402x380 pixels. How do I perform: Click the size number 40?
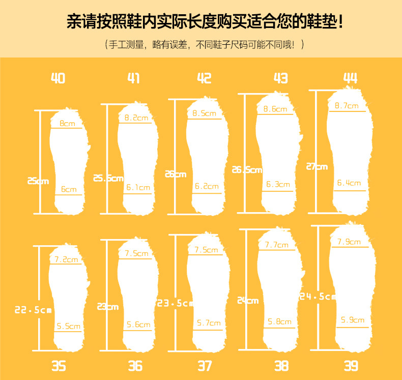(58, 78)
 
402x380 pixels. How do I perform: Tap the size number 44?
(350, 78)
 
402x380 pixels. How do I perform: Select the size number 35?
(59, 365)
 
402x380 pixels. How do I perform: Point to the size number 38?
(281, 365)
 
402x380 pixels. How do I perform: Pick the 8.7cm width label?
(347, 106)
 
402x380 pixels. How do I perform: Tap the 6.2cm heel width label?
(207, 186)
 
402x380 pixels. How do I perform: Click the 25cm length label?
(38, 181)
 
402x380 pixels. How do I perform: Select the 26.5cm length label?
(247, 170)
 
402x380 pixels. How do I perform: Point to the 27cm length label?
(317, 166)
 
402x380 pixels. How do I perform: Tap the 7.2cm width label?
(67, 259)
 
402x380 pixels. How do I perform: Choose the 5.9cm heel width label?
(353, 320)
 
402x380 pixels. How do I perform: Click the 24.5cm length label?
(318, 296)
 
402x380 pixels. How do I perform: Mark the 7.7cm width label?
(276, 245)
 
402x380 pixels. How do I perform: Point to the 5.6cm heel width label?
(138, 325)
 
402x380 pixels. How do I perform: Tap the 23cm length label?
(108, 306)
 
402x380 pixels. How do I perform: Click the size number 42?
(204, 78)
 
